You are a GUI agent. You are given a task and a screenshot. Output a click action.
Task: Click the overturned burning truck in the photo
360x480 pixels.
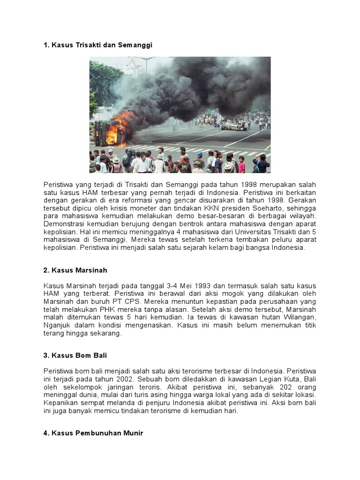[x=109, y=132]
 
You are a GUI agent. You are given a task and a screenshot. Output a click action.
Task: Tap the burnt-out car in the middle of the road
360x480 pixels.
[x=233, y=125]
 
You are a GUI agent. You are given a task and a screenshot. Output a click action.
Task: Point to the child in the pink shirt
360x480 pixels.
[x=241, y=165]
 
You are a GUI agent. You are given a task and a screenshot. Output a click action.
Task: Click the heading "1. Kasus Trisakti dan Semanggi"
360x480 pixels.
[x=98, y=45]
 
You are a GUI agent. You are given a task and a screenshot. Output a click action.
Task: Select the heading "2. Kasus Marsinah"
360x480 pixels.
[x=75, y=270]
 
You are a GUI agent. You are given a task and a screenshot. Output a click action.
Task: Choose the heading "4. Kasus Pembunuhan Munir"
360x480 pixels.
[x=93, y=434]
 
